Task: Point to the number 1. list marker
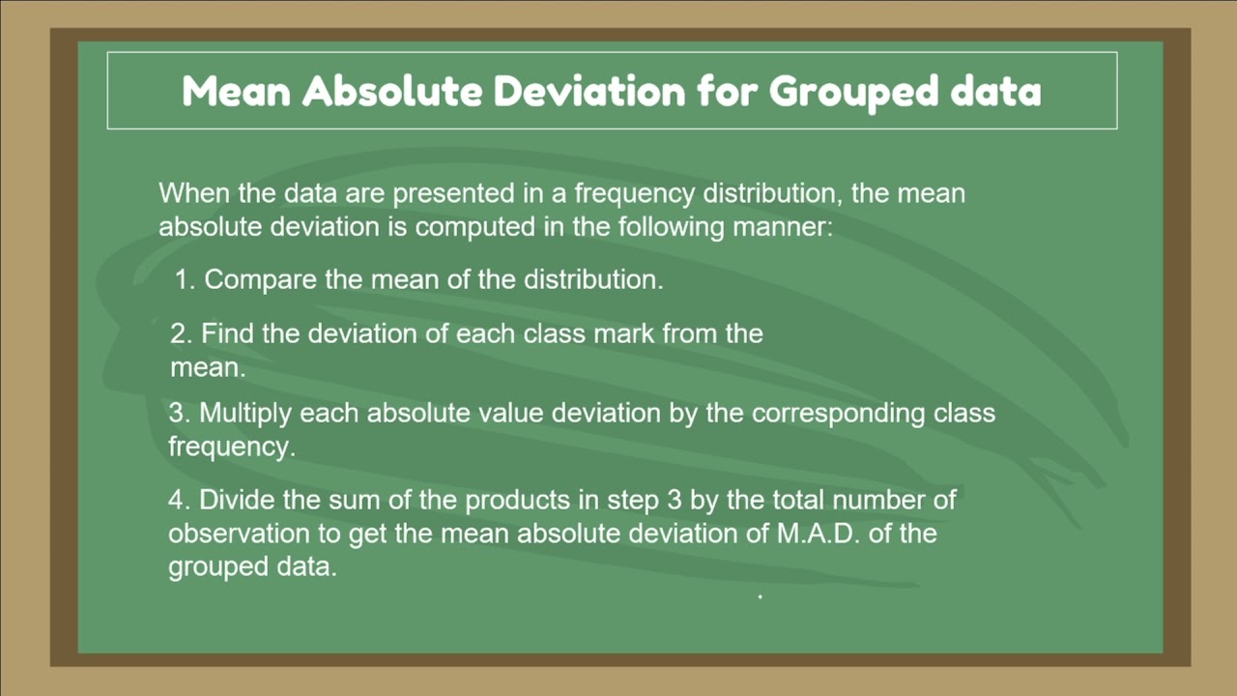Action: point(186,280)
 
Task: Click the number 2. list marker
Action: point(182,334)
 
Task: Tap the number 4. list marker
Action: point(180,501)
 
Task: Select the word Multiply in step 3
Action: point(245,414)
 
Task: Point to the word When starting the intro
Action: point(194,193)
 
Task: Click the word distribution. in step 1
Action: point(593,280)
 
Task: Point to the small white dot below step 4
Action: point(761,597)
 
